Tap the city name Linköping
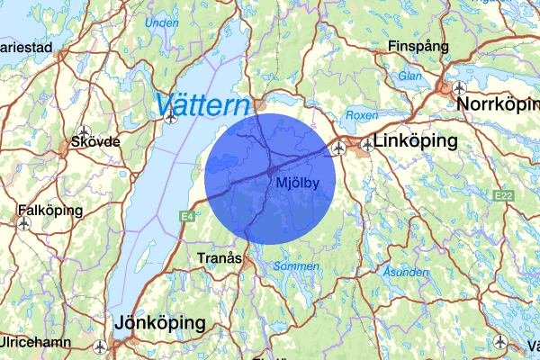pos(415,141)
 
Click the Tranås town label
pos(220,258)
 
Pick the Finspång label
pos(418,46)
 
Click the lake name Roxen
pos(361,115)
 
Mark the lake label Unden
pos(161,22)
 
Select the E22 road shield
pos(502,195)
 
